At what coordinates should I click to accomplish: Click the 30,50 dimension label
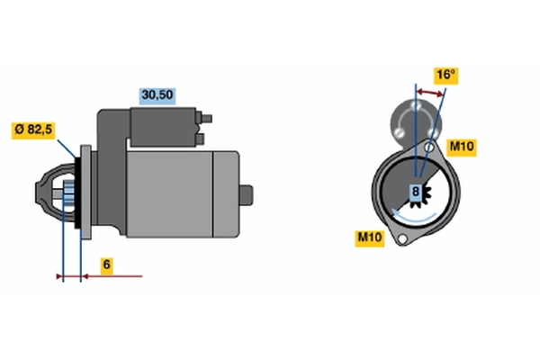157,96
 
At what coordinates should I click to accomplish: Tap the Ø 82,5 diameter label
33,130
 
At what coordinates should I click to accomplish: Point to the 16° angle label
446,76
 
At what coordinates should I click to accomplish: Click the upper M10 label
462,148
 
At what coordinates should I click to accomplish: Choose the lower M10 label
370,238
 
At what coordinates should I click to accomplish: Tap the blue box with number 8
416,192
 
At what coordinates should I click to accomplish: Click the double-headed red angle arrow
429,93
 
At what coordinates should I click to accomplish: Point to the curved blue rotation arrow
414,216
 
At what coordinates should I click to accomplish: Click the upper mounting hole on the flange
429,148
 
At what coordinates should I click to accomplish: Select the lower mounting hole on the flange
402,238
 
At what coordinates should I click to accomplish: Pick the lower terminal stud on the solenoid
200,139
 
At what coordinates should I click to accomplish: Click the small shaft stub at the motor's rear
247,195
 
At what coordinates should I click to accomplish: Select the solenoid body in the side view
163,127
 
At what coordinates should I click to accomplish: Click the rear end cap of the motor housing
226,194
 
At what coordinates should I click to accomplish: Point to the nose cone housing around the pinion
55,193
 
